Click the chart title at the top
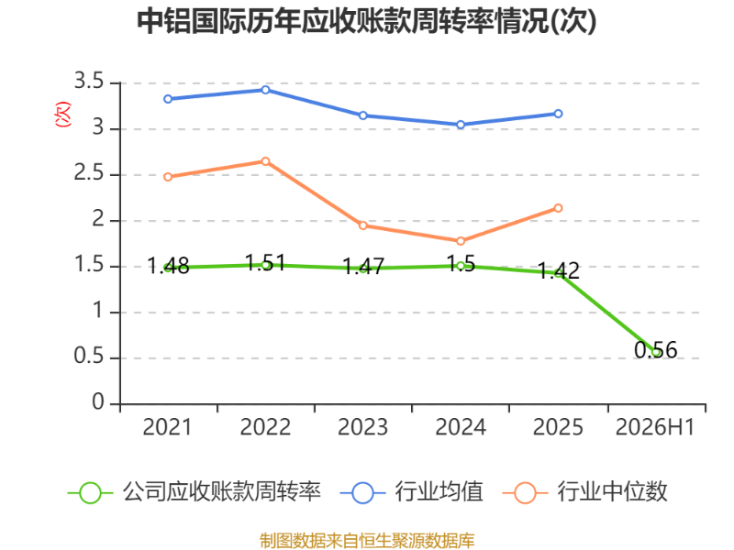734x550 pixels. [366, 21]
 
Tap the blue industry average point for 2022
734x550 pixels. [265, 90]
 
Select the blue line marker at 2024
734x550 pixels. [461, 125]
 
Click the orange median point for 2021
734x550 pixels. [168, 177]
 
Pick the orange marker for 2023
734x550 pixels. [362, 225]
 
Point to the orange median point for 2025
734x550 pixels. [558, 208]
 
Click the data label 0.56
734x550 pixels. [655, 350]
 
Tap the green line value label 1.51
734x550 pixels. [265, 263]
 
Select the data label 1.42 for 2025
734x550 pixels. [558, 271]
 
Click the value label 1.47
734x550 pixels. [363, 267]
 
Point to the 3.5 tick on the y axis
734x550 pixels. [89, 82]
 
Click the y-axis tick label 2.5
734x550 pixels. [89, 173]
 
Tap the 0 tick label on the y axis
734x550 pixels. [98, 402]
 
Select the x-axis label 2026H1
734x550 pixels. [655, 427]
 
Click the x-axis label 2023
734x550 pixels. [362, 427]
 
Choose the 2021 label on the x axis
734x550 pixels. [167, 427]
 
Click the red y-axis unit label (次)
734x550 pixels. [62, 114]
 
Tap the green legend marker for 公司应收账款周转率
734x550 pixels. [90, 493]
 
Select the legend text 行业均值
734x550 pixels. [439, 492]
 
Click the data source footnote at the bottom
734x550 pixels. [367, 541]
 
